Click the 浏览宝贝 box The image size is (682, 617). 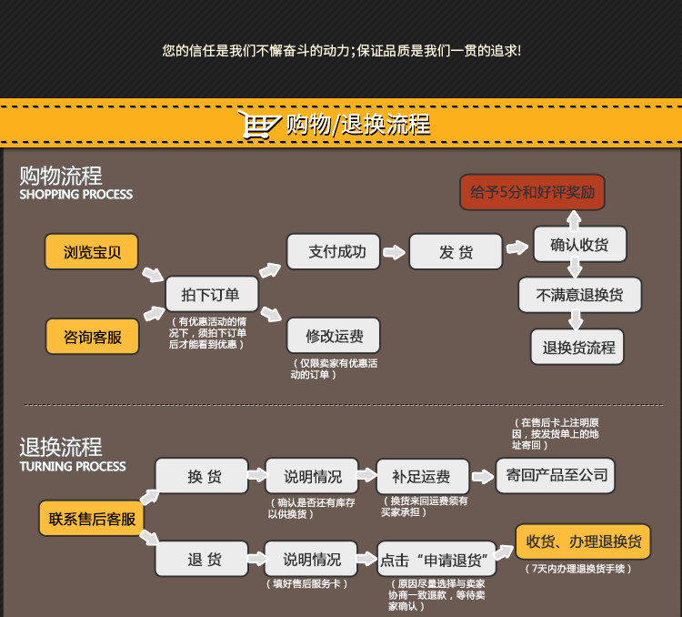[x=92, y=252]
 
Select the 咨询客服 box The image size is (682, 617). [x=92, y=337]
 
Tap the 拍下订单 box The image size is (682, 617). [x=211, y=294]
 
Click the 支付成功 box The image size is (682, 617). [x=333, y=251]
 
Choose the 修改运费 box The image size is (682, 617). [x=333, y=336]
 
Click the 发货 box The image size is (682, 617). [x=456, y=252]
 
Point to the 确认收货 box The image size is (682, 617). [x=579, y=244]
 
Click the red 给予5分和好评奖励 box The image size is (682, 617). [x=532, y=192]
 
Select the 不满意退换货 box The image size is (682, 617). [x=579, y=295]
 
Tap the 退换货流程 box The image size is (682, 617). [x=578, y=347]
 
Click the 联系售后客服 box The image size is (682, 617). [x=92, y=519]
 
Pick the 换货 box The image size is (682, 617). [x=201, y=476]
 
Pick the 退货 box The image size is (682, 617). [x=201, y=559]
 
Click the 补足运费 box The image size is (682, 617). [x=421, y=476]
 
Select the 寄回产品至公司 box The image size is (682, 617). [x=554, y=475]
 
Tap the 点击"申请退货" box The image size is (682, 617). [x=435, y=560]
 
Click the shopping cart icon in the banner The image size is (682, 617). [x=258, y=124]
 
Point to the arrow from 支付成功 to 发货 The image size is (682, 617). [x=394, y=252]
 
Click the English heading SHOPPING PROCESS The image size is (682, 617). [x=75, y=194]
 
